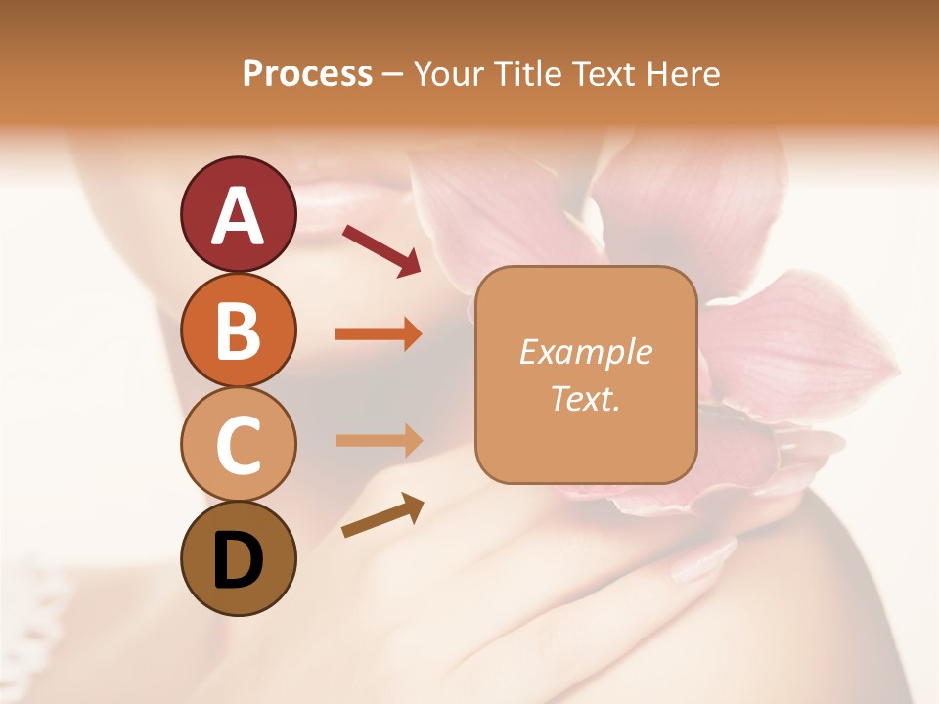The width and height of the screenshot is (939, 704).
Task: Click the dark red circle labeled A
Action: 238,214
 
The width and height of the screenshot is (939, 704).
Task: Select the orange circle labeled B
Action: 238,330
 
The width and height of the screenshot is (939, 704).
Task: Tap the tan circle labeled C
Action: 238,444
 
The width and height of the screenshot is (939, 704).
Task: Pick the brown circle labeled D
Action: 238,558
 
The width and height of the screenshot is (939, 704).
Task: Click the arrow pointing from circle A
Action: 380,249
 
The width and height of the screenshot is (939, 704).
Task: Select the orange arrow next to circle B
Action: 379,334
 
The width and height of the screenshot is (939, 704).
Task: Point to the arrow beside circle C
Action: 379,440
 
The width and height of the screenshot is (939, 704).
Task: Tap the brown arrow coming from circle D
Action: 381,515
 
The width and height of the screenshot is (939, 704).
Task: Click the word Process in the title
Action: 307,73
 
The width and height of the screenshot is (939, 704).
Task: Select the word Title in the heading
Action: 528,73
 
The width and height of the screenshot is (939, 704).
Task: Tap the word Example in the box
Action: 585,352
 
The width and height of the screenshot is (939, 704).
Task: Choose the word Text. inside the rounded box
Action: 585,398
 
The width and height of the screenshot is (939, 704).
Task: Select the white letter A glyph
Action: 238,216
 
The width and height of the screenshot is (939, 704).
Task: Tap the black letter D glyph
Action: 238,560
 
